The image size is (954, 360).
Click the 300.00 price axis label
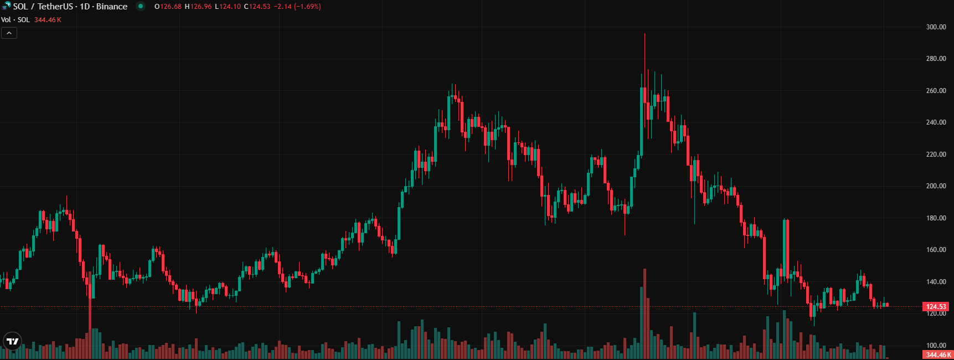(936, 27)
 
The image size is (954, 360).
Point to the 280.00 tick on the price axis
(936, 59)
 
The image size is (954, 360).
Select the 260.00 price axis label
(936, 91)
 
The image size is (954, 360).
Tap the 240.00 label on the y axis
(936, 122)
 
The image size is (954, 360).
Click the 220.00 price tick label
(936, 155)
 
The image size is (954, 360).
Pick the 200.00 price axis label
(936, 186)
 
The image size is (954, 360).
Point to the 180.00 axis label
(936, 218)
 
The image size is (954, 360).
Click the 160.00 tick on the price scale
(936, 250)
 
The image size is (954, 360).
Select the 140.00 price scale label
(936, 282)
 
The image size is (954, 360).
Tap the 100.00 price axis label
(936, 346)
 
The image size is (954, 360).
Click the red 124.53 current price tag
(936, 307)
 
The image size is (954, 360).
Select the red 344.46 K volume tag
(938, 355)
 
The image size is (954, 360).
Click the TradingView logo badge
(12, 341)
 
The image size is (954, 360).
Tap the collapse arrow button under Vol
(9, 33)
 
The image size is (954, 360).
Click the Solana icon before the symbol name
(6, 7)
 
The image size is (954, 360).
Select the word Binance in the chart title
(112, 7)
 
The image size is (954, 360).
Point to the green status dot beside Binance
(141, 7)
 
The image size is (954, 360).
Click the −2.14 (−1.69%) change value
(297, 7)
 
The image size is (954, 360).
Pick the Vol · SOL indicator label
(16, 20)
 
